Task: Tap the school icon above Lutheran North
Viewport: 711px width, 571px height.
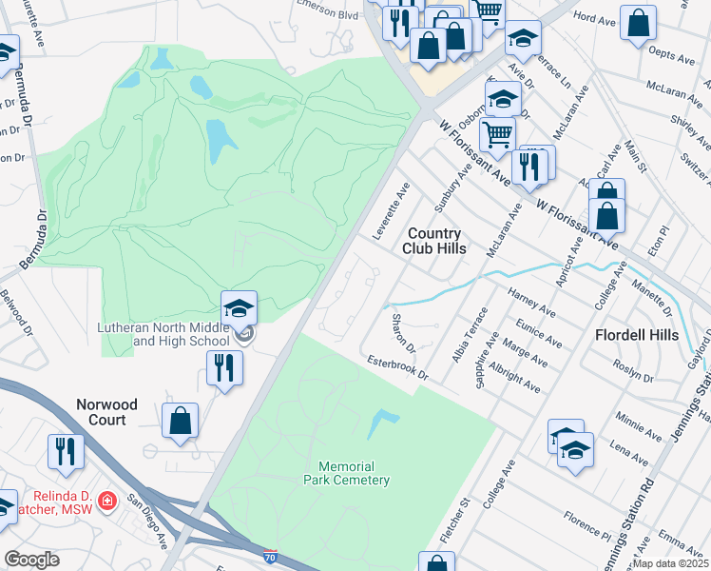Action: coord(239,308)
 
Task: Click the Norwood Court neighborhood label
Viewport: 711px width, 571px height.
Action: coord(106,412)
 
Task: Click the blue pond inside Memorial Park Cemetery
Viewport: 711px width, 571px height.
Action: coord(381,423)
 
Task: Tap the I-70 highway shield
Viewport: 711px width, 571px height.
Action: coord(271,555)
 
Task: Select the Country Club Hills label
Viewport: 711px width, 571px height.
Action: coord(436,241)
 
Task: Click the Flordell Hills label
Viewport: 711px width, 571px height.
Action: coord(637,335)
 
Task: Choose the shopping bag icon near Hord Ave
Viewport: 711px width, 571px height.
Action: coord(638,22)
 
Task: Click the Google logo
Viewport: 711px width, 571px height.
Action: coord(31,559)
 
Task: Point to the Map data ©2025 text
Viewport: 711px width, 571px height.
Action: coord(670,563)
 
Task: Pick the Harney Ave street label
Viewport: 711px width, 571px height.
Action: coord(531,301)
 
